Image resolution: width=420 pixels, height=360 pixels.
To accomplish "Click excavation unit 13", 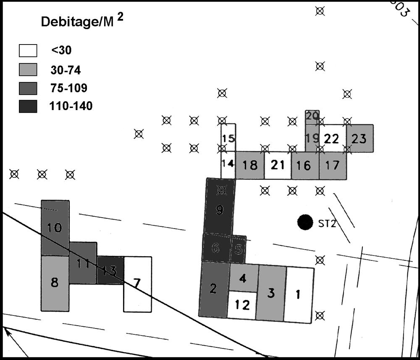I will click(x=110, y=271).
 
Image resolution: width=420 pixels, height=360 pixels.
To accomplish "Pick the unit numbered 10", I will click(x=55, y=228).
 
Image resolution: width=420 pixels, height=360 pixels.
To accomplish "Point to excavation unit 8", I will click(x=55, y=283).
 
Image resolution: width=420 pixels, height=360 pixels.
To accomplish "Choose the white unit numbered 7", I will click(x=137, y=284).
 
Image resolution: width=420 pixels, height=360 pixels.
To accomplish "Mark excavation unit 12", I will click(x=242, y=305).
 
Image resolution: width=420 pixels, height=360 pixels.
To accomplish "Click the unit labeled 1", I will click(x=299, y=295).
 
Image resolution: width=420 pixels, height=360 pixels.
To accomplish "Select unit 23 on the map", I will click(x=360, y=138).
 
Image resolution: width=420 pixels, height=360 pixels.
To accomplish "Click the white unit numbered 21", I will click(x=278, y=165).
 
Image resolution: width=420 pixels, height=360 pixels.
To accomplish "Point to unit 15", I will click(x=228, y=137).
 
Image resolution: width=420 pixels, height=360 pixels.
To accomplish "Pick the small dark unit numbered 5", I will click(x=239, y=250).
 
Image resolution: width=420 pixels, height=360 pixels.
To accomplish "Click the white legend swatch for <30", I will click(x=28, y=50).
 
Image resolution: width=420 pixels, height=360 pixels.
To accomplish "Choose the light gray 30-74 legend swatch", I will click(x=28, y=69).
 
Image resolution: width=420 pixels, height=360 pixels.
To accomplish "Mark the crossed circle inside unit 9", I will click(x=221, y=190).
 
